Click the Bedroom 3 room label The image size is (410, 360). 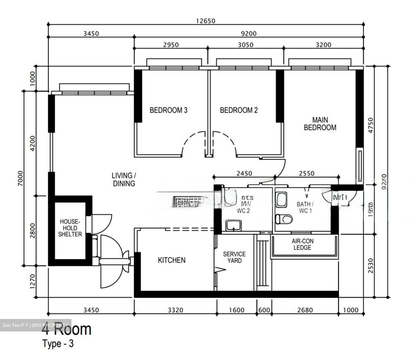169,110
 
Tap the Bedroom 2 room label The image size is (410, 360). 239,110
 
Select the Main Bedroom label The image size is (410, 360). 320,124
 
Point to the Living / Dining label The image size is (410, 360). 124,180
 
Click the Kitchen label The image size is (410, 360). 171,260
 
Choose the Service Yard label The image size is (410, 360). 234,257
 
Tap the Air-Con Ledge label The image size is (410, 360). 302,244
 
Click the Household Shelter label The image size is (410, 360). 70,228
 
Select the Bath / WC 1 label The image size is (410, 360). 305,208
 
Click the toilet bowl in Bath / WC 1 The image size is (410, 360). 284,219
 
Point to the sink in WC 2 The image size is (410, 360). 234,225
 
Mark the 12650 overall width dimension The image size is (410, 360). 206,21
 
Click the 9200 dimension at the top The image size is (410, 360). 249,34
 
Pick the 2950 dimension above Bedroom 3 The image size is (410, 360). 171,45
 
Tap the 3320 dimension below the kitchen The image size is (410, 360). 175,310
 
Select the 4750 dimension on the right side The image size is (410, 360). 370,125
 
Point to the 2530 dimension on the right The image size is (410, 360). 370,266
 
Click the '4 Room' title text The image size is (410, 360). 67,330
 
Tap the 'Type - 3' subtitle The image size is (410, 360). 58,344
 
